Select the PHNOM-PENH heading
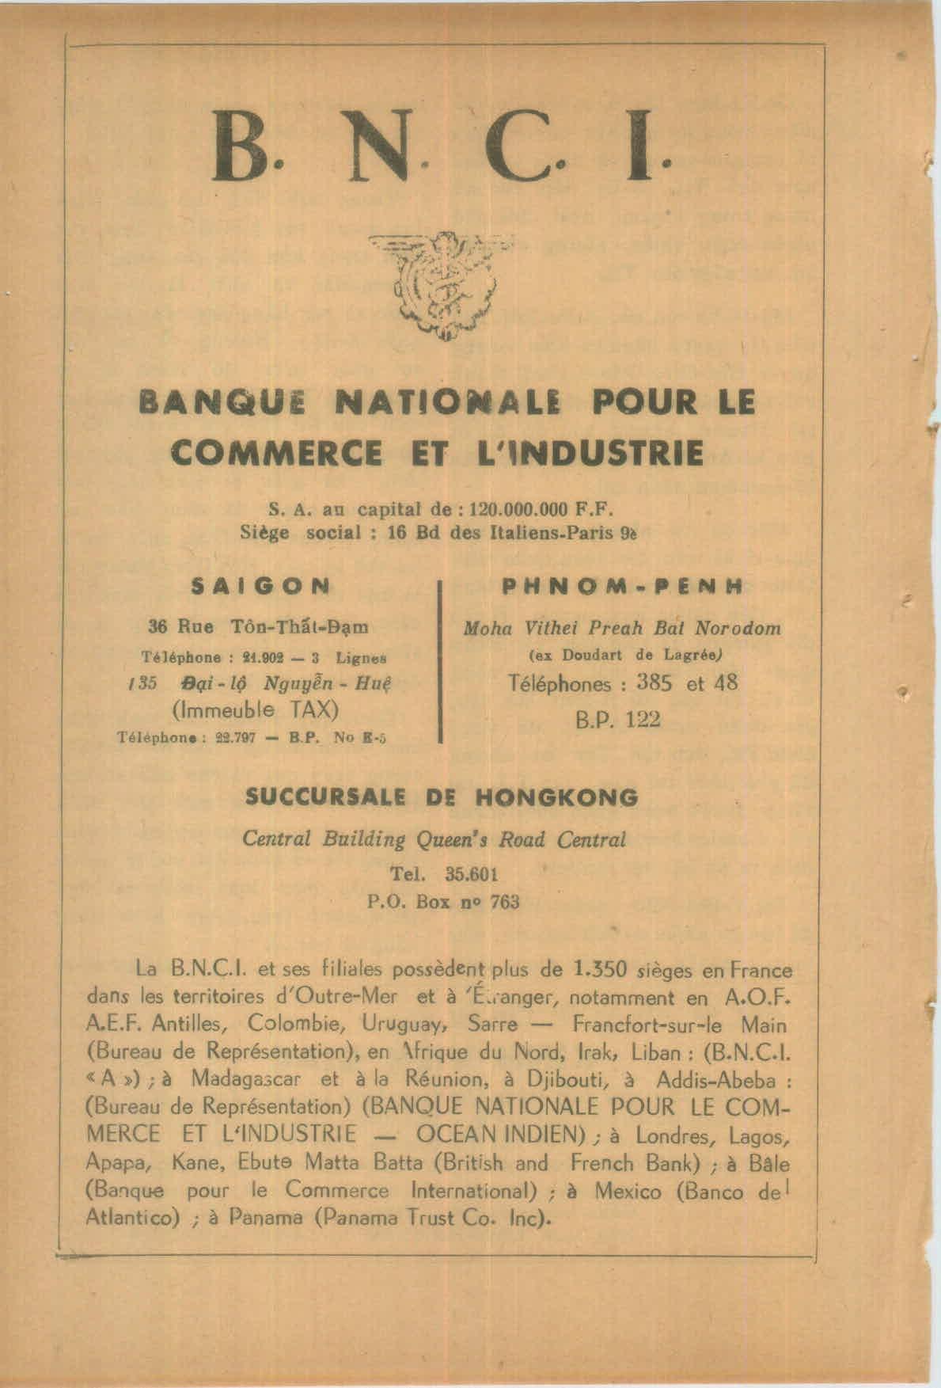pyautogui.click(x=622, y=587)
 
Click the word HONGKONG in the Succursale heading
pyautogui.click(x=556, y=797)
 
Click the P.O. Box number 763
pyautogui.click(x=505, y=902)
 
